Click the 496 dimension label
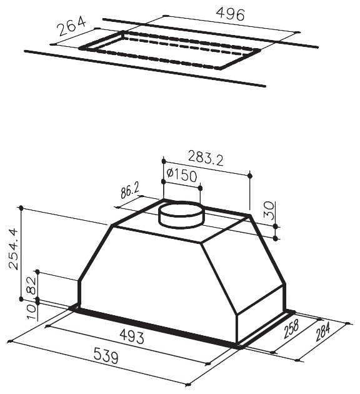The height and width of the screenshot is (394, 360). (230, 14)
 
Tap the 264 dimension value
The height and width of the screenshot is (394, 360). (71, 26)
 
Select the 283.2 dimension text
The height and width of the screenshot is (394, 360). (206, 158)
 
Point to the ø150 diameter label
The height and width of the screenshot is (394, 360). (181, 175)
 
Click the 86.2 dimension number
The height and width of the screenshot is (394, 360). (129, 191)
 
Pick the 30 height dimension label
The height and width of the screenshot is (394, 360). (269, 211)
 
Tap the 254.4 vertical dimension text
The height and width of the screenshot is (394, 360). (12, 249)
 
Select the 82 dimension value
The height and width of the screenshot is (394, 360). (32, 285)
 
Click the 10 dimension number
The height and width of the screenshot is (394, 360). (32, 311)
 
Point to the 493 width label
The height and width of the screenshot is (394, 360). (132, 336)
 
